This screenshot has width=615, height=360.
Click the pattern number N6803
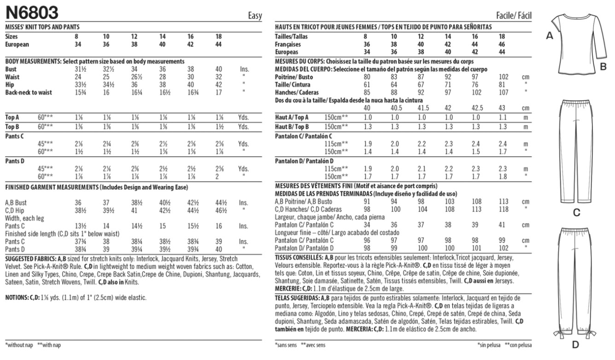pos(32,11)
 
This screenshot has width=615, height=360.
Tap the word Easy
pos(255,16)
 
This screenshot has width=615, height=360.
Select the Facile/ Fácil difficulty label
pos(514,16)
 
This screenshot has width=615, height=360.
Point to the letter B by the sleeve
pos(603,68)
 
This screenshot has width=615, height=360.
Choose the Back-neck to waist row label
pos(28,93)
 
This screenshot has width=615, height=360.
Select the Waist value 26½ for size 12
pos(135,77)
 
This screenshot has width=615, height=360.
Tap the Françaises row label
pos(288,45)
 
